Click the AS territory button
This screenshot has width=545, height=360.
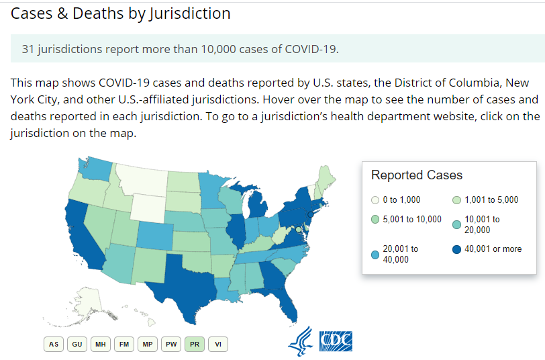pos(54,344)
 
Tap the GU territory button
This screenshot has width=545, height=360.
pos(77,344)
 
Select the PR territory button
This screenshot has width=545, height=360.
pos(195,344)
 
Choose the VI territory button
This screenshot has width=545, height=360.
pos(218,344)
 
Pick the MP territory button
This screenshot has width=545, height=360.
pos(148,344)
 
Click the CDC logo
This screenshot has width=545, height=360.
pos(336,341)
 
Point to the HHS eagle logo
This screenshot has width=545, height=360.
pos(300,341)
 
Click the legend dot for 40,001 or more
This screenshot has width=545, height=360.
pos(456,249)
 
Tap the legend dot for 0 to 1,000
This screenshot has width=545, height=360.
pos(375,200)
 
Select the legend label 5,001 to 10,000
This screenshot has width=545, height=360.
pos(412,219)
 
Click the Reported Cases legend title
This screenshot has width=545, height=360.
pos(417,175)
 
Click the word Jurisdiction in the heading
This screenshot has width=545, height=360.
pos(190,14)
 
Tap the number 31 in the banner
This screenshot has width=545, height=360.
pos(28,49)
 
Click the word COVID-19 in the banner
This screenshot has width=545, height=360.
pos(311,49)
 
